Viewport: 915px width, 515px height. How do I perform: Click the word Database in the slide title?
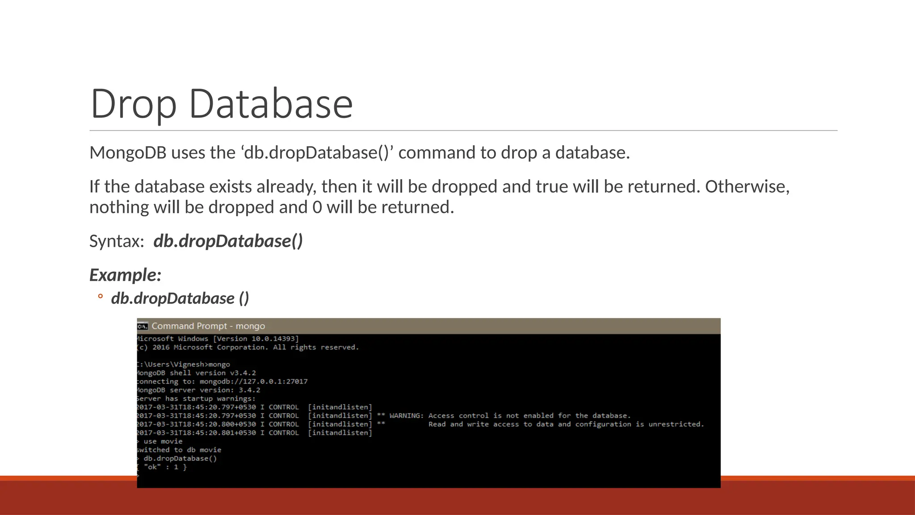[271, 104]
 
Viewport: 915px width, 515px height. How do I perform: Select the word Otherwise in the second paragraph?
[747, 186]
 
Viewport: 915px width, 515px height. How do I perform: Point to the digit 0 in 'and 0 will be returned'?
[317, 207]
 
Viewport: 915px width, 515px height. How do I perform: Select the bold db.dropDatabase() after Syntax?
[228, 241]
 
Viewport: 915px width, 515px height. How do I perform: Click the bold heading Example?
[125, 275]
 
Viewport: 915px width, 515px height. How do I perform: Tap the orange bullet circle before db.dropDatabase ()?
[101, 296]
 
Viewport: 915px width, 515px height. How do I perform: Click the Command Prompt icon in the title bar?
[143, 326]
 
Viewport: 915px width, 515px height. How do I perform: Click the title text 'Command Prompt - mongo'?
[208, 326]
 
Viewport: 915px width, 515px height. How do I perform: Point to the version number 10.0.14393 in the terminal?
[274, 339]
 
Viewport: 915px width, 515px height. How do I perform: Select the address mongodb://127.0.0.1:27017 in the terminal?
[253, 382]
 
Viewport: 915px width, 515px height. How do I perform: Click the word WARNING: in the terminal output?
[407, 416]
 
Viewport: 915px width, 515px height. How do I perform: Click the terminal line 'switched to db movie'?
[179, 450]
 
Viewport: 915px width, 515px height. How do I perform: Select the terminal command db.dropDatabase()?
[180, 459]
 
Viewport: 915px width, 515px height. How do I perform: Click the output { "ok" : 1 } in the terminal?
[163, 467]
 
